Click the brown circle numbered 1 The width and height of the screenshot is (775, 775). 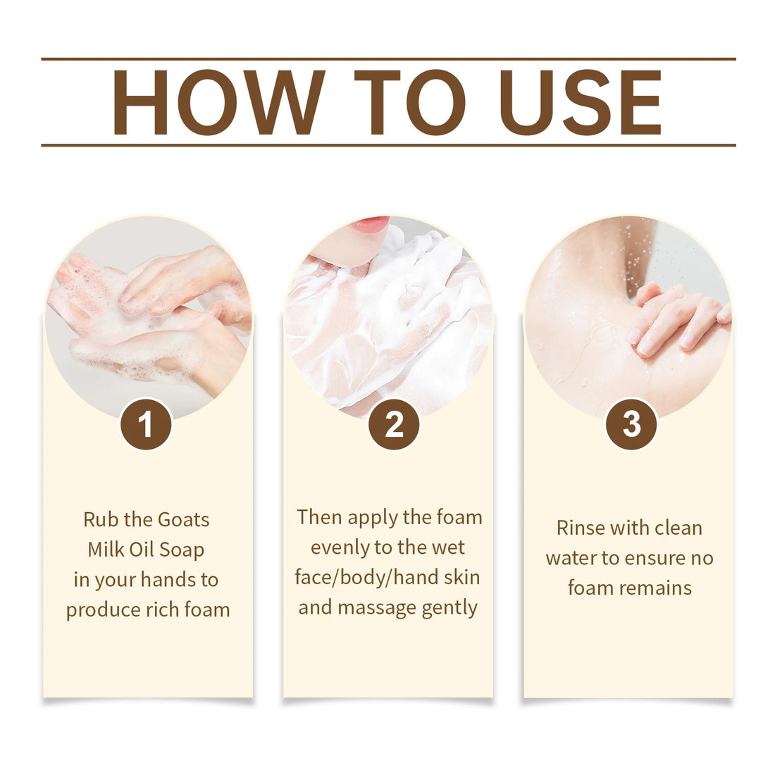click(146, 424)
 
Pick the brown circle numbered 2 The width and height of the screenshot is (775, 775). click(394, 424)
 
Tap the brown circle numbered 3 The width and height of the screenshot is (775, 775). click(631, 424)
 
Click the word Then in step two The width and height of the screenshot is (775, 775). click(319, 518)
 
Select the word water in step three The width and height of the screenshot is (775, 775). click(571, 559)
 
